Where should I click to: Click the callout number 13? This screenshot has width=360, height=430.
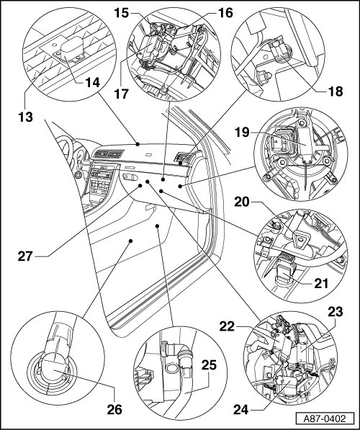25,117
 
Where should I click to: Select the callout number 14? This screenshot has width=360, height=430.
92,82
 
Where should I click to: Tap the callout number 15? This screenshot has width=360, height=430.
122,13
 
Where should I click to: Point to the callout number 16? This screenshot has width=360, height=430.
225,13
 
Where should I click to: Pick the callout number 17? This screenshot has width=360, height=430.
121,94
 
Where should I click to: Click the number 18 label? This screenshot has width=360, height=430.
335,91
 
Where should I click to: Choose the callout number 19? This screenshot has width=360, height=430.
242,133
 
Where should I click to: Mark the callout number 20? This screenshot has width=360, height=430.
241,202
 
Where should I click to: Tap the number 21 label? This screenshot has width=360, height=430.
321,283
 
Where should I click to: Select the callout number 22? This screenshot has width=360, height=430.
227,326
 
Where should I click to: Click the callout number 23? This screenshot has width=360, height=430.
335,312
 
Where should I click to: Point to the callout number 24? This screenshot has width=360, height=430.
241,410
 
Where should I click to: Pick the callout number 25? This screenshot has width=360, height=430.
210,365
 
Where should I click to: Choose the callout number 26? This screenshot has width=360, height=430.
114,409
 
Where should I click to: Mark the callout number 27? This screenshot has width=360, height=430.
25,256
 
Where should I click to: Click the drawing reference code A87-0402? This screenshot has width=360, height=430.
324,418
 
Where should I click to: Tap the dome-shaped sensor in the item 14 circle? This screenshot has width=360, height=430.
72,47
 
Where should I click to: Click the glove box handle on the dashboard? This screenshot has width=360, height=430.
130,177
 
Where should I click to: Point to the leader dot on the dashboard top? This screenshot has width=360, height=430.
138,144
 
